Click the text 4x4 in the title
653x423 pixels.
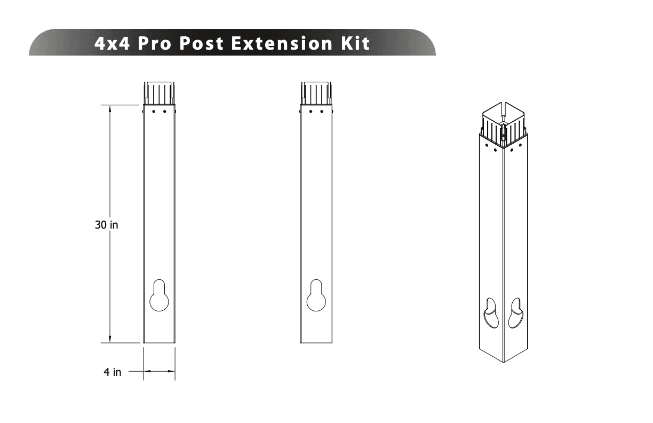[113, 43]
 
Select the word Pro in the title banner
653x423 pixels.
[155, 43]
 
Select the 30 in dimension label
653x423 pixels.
[107, 225]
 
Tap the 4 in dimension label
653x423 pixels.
[112, 372]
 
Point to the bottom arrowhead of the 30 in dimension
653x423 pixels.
[110, 339]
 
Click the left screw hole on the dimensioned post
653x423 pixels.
[154, 112]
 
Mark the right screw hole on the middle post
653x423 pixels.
[321, 112]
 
